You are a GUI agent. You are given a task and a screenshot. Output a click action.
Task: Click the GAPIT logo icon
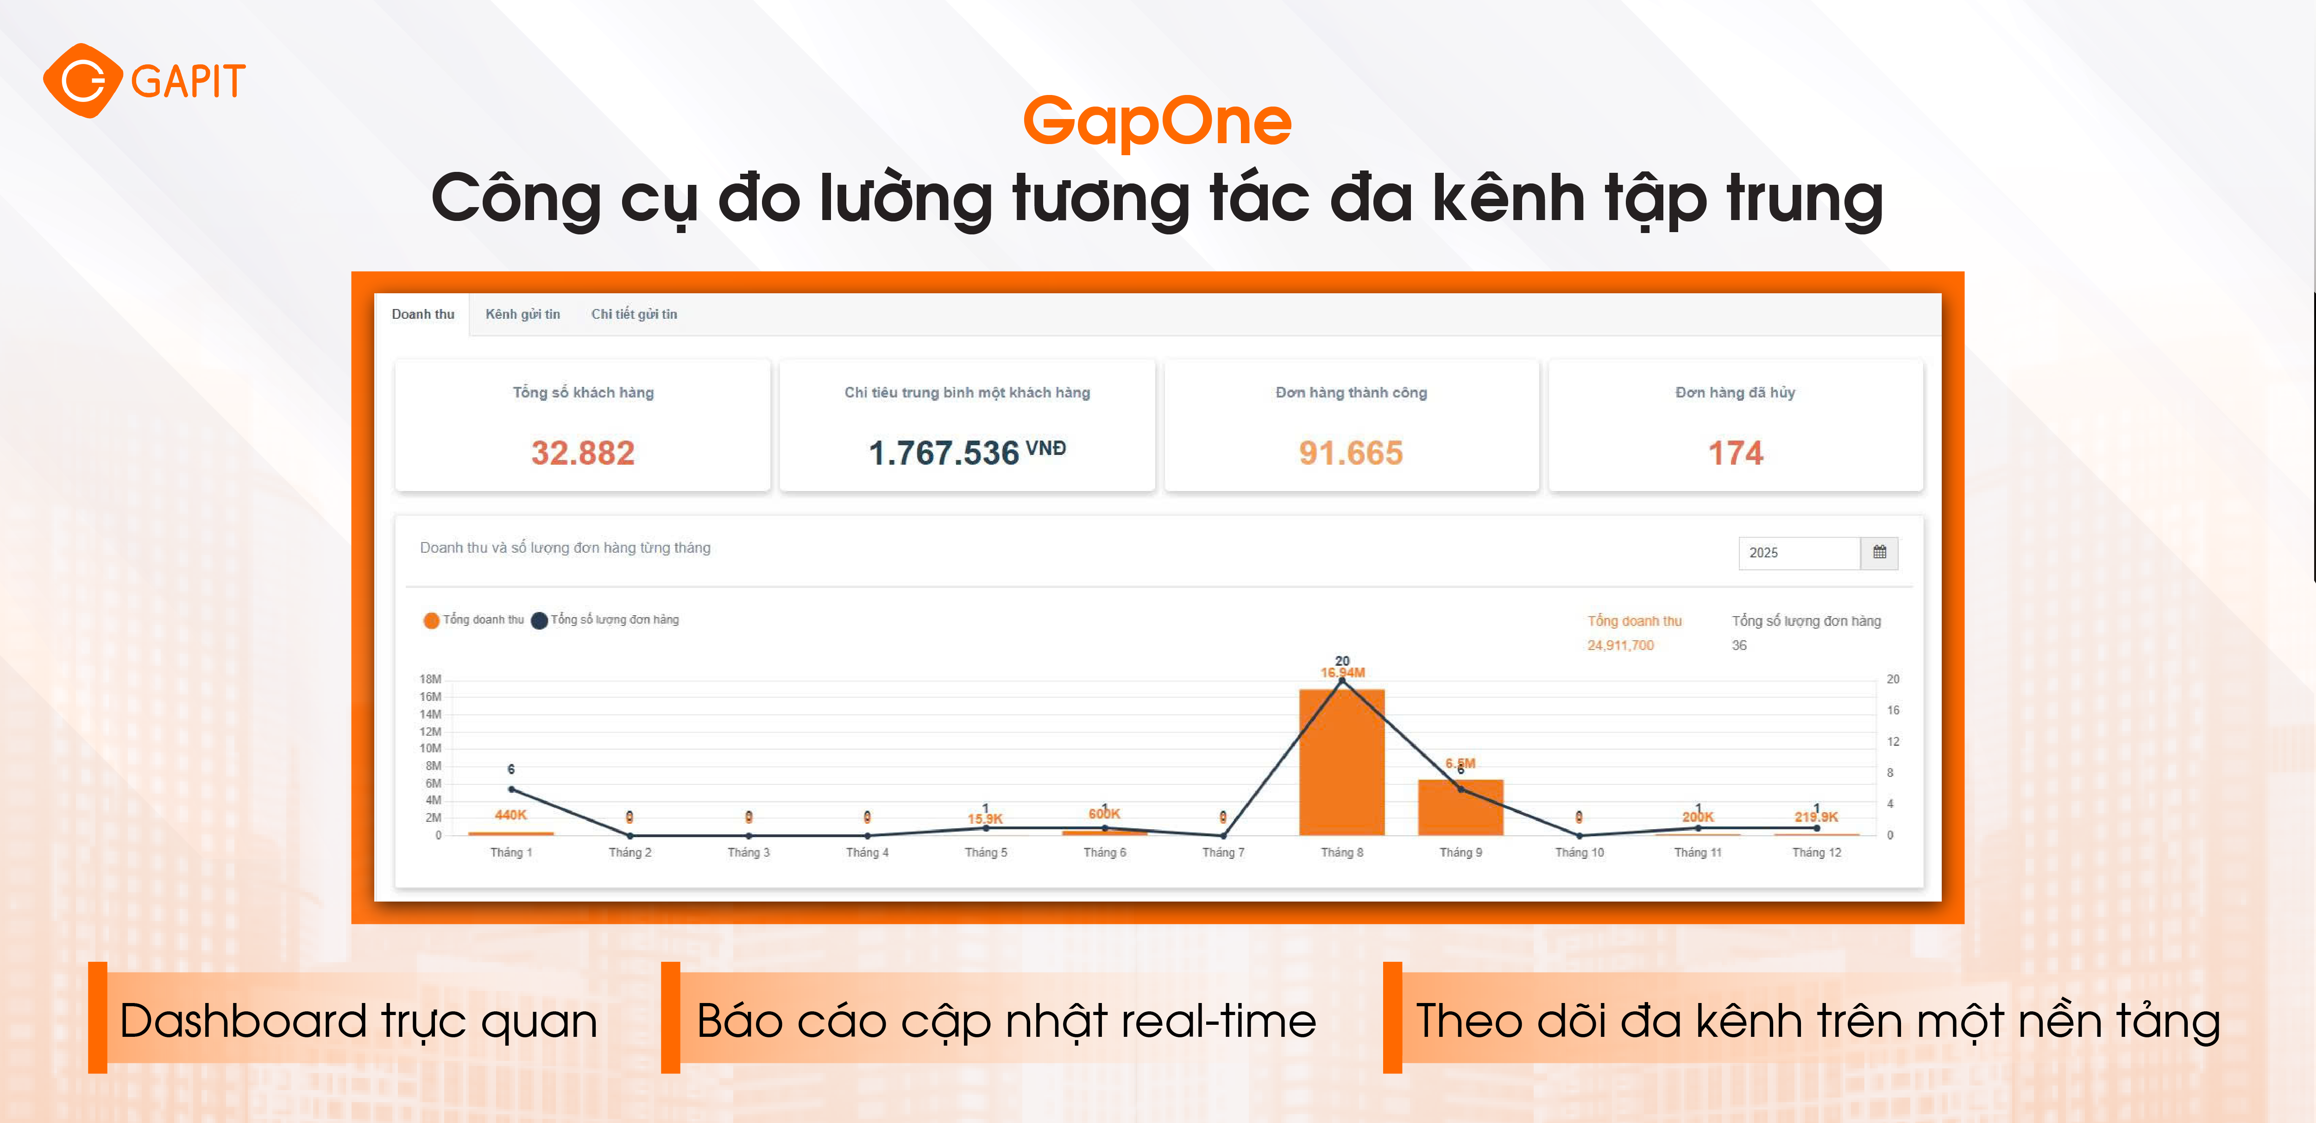(x=83, y=81)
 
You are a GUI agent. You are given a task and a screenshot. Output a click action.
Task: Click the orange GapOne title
(x=1157, y=121)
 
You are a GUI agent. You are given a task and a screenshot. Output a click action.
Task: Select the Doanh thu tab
(x=422, y=314)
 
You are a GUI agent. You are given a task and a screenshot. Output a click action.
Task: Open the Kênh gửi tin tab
(x=522, y=314)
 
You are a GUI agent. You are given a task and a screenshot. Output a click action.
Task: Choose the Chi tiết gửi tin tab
(x=634, y=314)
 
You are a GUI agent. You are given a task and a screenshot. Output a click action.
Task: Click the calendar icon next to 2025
(x=1879, y=552)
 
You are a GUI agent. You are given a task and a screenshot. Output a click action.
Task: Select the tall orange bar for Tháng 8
(x=1341, y=764)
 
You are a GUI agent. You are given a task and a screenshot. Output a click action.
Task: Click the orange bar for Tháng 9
(x=1460, y=809)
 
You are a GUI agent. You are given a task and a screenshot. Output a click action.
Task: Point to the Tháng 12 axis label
(x=1816, y=852)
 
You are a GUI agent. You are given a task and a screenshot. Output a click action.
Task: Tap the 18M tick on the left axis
(x=431, y=679)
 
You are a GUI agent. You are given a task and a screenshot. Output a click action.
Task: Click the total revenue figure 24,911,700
(x=1620, y=645)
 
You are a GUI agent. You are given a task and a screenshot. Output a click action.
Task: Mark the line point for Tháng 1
(x=511, y=789)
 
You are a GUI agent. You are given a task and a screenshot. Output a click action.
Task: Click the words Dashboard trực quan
(x=358, y=1022)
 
